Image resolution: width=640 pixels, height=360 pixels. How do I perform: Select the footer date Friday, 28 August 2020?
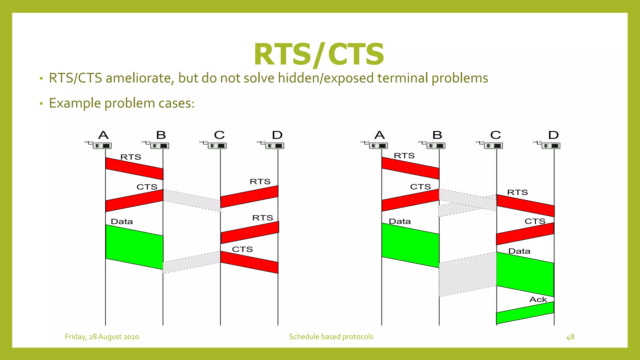102,337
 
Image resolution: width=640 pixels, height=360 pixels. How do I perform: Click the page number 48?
570,337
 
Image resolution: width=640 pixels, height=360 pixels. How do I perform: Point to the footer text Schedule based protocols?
331,337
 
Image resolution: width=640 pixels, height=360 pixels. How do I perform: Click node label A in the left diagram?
103,135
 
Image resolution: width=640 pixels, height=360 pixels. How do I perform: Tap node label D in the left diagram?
277,135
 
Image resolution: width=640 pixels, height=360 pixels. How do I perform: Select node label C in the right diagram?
495,135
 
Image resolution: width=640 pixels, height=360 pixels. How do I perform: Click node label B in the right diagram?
437,135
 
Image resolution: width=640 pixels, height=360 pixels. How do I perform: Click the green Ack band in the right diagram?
525,313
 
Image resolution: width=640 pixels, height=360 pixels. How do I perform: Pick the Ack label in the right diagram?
538,299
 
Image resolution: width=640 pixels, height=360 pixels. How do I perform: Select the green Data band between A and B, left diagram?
134,247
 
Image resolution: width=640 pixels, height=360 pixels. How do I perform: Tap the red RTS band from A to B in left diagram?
134,169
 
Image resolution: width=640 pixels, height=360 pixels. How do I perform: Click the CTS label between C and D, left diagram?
242,249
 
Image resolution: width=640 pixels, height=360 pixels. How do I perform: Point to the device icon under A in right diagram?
378,146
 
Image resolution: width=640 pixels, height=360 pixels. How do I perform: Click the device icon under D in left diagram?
274,146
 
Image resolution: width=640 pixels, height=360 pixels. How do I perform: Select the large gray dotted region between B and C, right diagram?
467,274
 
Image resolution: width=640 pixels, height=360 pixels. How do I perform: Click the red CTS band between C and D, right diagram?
525,234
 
